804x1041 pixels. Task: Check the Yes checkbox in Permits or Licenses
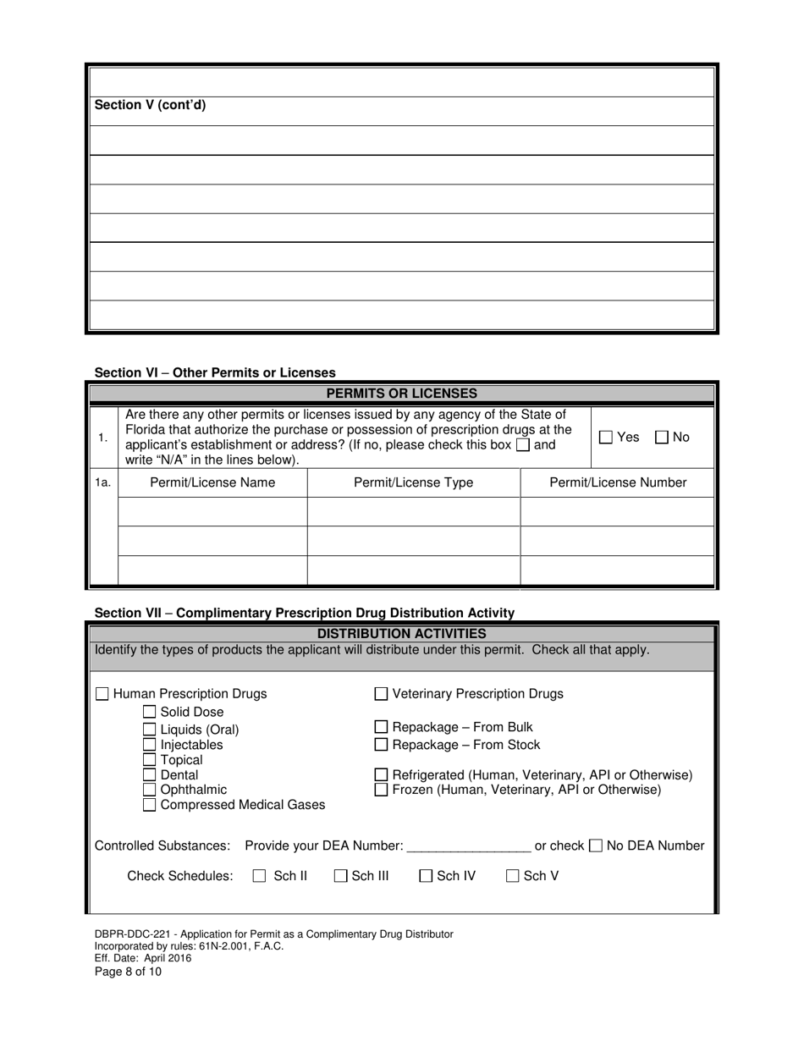click(606, 438)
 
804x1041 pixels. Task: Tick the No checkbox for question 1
click(662, 438)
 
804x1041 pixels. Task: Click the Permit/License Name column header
click(212, 482)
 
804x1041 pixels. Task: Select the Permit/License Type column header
click(413, 482)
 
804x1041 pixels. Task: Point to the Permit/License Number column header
click(618, 482)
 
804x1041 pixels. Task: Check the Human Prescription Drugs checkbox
click(102, 694)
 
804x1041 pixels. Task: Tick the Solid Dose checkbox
click(150, 713)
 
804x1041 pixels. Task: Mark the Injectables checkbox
click(150, 745)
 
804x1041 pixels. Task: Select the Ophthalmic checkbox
click(150, 790)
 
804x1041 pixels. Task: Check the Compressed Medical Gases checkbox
click(150, 805)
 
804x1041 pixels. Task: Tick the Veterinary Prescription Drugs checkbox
click(382, 694)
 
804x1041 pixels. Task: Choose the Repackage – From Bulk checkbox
click(382, 727)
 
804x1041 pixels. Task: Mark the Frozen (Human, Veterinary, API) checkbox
click(382, 790)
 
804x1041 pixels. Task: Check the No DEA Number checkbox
click(596, 845)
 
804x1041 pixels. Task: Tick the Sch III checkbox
click(340, 877)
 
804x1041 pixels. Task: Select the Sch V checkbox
click(513, 877)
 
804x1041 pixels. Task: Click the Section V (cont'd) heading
click(150, 106)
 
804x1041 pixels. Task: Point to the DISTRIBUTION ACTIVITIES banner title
click(401, 634)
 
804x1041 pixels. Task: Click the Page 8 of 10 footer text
click(128, 972)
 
